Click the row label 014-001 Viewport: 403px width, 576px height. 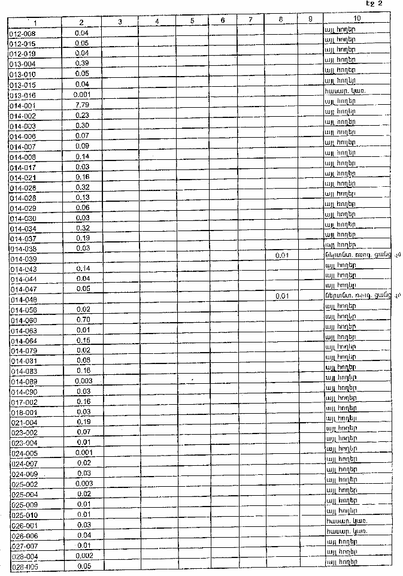[x=23, y=105]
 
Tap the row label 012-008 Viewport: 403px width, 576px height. [x=23, y=33]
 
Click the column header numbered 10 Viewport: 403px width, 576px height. [x=357, y=20]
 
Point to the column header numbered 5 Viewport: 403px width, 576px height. [x=192, y=21]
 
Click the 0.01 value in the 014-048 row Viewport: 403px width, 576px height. [x=281, y=296]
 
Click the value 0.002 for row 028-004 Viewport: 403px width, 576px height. [x=83, y=556]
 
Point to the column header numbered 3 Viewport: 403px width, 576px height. [x=120, y=22]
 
